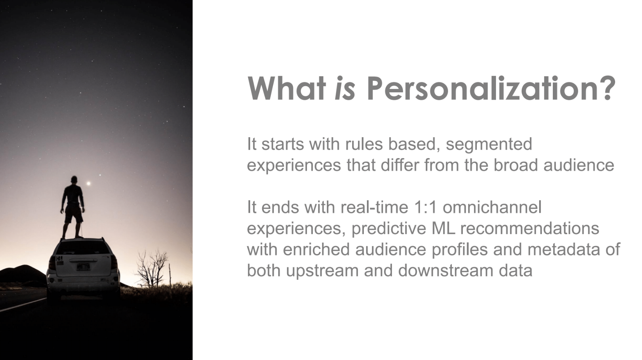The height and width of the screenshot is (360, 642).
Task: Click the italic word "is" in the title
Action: point(345,88)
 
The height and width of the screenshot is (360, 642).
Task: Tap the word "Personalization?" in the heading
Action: point(491,88)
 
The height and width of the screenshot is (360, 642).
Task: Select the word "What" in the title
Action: point(287,88)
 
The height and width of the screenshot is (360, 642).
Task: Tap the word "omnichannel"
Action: point(492,207)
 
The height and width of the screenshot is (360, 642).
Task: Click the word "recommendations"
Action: point(530,228)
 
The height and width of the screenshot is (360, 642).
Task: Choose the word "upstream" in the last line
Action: point(323,271)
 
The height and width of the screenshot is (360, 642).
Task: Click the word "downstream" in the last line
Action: point(446,270)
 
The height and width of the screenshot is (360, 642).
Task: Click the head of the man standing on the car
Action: point(74,180)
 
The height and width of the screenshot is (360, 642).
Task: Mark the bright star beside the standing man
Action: point(88,184)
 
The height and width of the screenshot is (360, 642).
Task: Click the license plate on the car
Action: point(83,267)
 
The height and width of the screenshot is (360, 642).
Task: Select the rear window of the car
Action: point(83,248)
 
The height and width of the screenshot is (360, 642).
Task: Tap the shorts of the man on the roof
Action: point(74,213)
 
